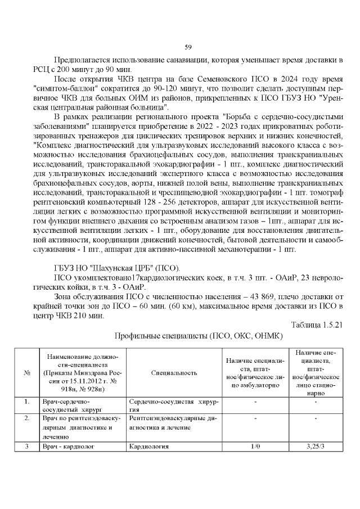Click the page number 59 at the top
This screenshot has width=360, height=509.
click(188, 47)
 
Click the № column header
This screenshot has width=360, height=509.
click(26, 373)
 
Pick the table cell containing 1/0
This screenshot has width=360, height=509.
click(255, 447)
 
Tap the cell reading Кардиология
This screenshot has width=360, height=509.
click(149, 447)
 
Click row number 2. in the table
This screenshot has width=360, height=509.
click(26, 419)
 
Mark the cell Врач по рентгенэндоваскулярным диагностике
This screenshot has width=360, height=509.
click(81, 427)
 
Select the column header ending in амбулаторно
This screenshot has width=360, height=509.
click(255, 373)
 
